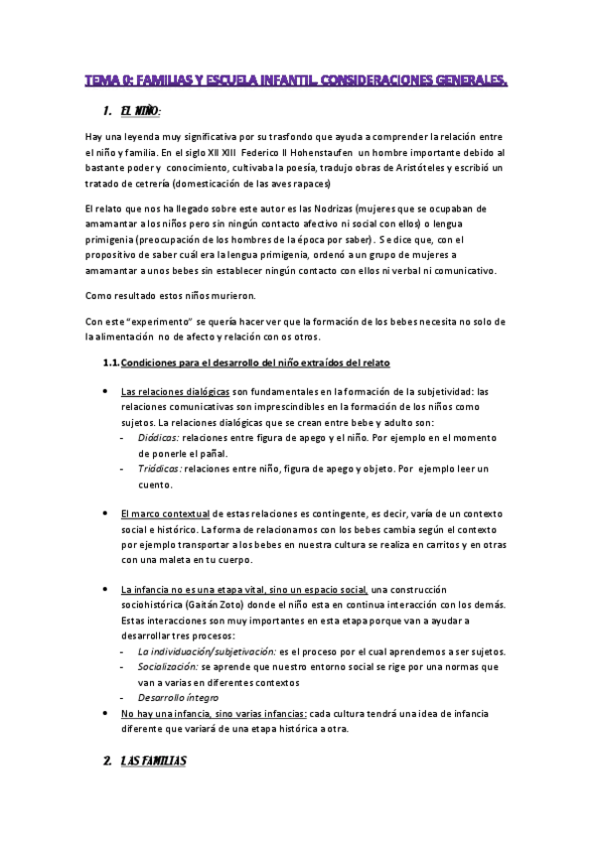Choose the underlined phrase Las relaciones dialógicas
[176, 391]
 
